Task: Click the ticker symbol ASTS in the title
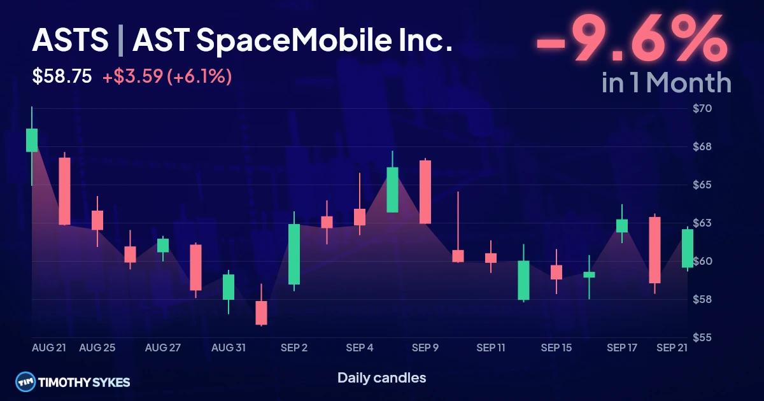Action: click(70, 39)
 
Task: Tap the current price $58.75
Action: click(62, 76)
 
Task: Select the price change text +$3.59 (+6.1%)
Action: click(167, 76)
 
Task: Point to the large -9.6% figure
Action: click(632, 38)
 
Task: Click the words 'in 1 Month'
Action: click(667, 83)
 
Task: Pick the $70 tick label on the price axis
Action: click(702, 108)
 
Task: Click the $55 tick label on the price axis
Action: click(702, 337)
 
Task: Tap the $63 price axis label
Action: click(702, 223)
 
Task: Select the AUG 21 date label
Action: click(49, 348)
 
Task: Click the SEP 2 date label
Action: click(294, 348)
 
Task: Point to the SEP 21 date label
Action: click(672, 348)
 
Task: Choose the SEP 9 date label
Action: click(425, 348)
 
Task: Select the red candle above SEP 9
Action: click(425, 192)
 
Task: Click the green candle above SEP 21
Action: click(687, 248)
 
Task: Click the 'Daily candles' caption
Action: click(381, 378)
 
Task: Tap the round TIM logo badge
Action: click(25, 382)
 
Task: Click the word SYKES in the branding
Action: click(111, 383)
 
